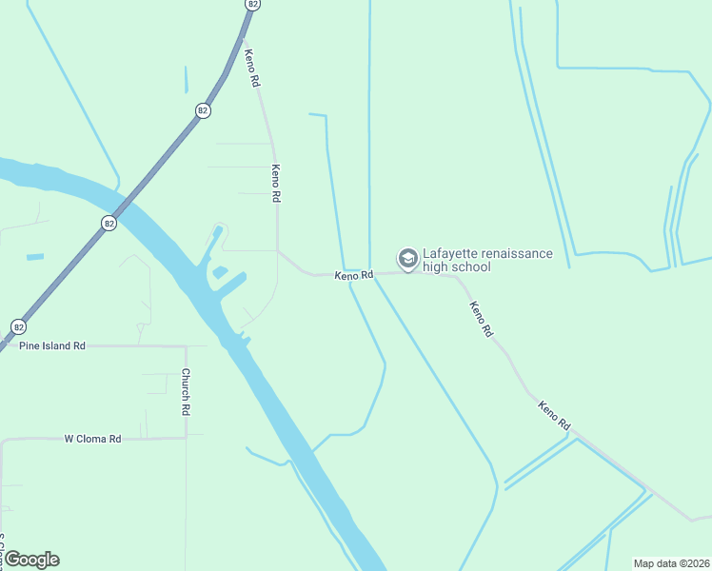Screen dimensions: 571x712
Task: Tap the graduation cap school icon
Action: [407, 259]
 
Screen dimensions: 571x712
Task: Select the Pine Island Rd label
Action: [52, 345]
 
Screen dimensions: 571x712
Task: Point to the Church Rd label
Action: [187, 392]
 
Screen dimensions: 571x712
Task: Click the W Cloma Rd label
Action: [92, 439]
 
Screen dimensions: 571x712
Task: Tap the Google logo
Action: [31, 560]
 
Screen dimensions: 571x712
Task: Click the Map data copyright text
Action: [672, 562]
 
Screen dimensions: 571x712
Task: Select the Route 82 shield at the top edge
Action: [251, 4]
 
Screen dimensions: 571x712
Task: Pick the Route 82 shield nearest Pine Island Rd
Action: [18, 326]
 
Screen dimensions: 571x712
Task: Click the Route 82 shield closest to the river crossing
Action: [109, 223]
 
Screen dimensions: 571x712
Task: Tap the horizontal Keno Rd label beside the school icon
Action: [353, 275]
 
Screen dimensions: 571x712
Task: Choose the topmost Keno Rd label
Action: [252, 69]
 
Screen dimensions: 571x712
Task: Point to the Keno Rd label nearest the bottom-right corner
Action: [553, 415]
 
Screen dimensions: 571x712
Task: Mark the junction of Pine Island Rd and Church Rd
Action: [185, 345]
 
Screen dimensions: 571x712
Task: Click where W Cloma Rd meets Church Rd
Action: [186, 438]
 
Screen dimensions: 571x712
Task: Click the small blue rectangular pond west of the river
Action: [35, 257]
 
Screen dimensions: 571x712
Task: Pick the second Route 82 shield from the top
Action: [203, 110]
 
